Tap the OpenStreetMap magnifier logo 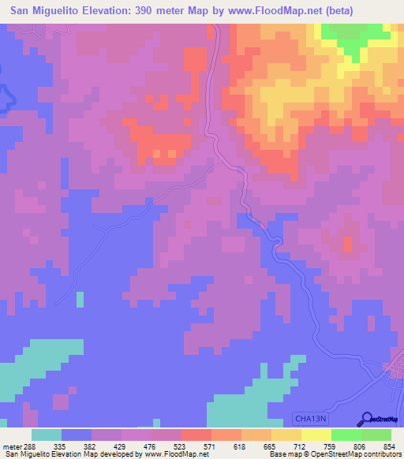(365, 420)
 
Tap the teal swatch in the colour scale (47, 435)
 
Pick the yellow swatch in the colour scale (316, 435)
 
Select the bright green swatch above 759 (346, 435)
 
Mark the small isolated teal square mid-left (80, 299)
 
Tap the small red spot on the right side (347, 244)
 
